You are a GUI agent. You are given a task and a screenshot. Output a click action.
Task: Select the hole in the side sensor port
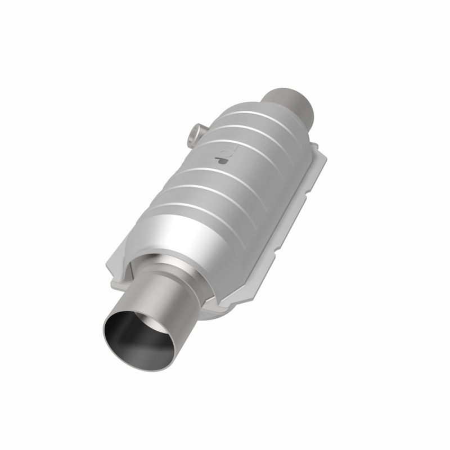[x=192, y=134]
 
